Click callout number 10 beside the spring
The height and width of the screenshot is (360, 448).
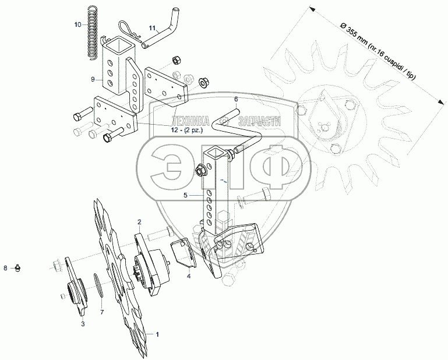[x=77, y=24]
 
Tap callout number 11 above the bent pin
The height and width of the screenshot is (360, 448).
[x=152, y=28]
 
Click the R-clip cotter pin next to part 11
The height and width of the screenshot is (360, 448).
[x=129, y=31]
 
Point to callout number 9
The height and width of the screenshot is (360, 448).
[x=93, y=79]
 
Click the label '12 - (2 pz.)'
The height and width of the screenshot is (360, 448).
[x=187, y=130]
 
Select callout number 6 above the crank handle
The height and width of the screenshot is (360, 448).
[x=236, y=99]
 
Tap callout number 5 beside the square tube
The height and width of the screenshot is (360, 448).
[x=185, y=195]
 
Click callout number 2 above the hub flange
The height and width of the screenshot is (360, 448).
[x=139, y=222]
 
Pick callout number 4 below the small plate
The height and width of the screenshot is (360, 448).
[x=189, y=276]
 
